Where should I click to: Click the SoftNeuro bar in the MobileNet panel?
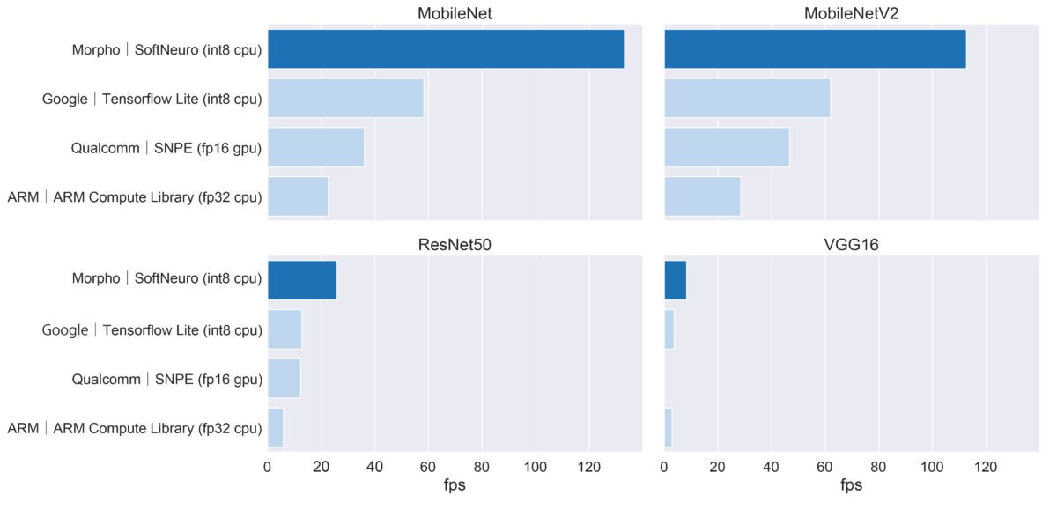(x=445, y=48)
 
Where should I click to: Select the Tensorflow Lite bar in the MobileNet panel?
(x=345, y=98)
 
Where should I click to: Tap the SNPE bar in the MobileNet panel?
(x=315, y=147)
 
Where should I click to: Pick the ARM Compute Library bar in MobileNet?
(x=298, y=196)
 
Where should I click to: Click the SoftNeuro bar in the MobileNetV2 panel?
(x=815, y=48)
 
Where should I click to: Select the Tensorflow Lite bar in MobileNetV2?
(x=747, y=98)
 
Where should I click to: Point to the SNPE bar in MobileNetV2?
(x=727, y=147)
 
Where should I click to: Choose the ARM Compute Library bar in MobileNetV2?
(x=702, y=196)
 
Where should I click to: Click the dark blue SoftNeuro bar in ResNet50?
(x=302, y=280)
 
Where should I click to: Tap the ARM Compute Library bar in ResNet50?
(x=275, y=428)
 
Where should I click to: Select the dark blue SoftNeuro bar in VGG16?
(x=675, y=280)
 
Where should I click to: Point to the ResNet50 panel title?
(x=455, y=246)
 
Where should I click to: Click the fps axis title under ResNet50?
(x=455, y=486)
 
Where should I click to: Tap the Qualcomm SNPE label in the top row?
(x=166, y=148)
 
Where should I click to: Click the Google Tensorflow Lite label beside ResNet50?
(x=152, y=330)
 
